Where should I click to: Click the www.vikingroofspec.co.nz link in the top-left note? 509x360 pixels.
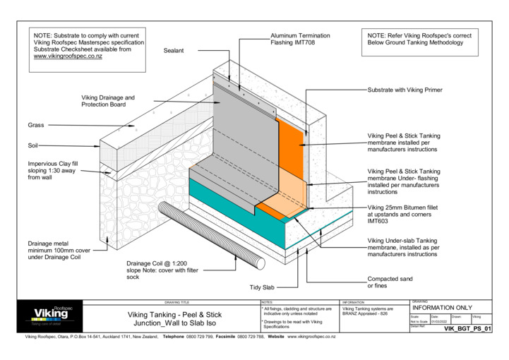(68, 56)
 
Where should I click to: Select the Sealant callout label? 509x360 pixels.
(174, 51)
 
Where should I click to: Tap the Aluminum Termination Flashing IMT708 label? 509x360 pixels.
(300, 40)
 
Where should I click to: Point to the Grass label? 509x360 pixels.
(36, 125)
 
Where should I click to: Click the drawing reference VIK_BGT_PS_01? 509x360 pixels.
(476, 330)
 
